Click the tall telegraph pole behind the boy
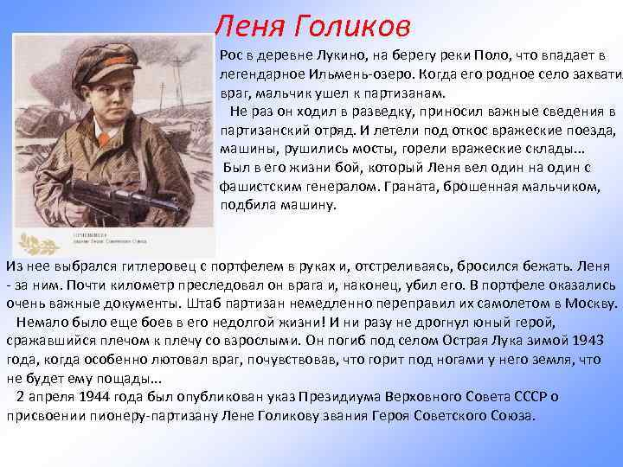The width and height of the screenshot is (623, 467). coord(190,95)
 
